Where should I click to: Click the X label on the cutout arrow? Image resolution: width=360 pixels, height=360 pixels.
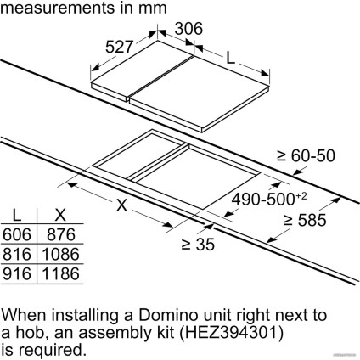121,205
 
